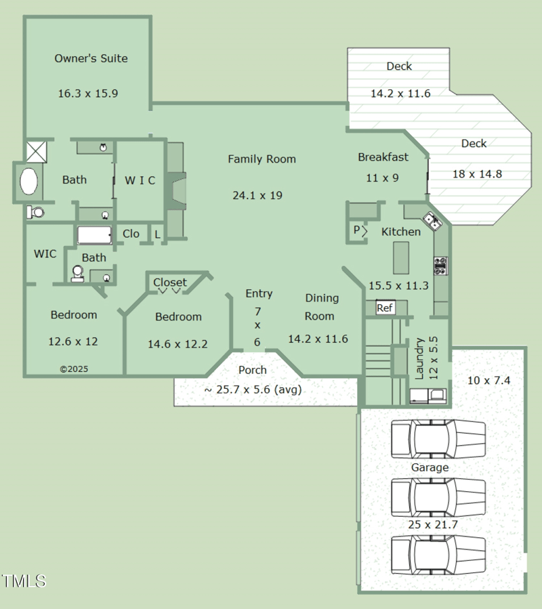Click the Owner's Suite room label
pos(91,58)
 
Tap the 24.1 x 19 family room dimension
pos(257,195)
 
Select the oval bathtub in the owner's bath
pos(29,182)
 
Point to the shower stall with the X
pos(35,150)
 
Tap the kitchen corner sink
pos(431,220)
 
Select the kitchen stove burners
pos(440,265)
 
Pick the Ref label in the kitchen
pos(385,308)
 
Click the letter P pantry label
pos(356,230)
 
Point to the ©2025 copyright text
pos(74,369)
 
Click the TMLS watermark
pos(24,581)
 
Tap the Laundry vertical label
pos(419,358)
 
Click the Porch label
pos(252,370)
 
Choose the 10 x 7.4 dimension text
pos(488,380)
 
